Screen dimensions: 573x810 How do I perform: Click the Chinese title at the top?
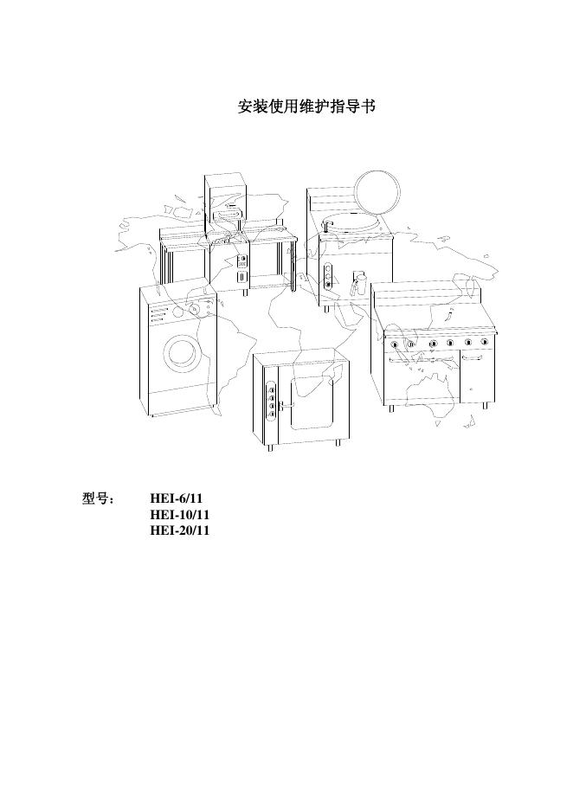(x=306, y=107)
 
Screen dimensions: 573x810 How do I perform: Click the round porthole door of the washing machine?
(x=182, y=351)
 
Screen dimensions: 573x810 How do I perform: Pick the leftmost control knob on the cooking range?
(x=395, y=344)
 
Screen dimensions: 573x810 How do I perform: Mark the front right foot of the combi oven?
(x=338, y=442)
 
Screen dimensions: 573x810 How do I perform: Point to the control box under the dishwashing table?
(x=242, y=268)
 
